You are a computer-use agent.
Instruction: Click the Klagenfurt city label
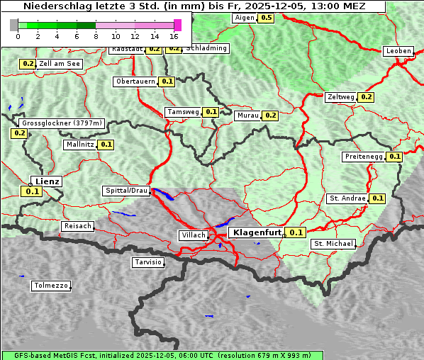[x=257, y=232]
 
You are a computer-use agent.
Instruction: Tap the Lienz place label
[x=47, y=181]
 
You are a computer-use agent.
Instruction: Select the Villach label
[x=193, y=235]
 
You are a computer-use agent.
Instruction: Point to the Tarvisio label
[x=148, y=262]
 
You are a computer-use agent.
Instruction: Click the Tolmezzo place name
[x=51, y=286]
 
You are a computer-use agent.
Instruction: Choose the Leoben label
[x=398, y=51]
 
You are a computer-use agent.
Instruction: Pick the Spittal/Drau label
[x=127, y=191]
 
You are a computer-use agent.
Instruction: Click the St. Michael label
[x=333, y=244]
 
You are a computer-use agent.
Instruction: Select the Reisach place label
[x=78, y=226]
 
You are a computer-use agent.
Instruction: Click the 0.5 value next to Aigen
[x=266, y=18]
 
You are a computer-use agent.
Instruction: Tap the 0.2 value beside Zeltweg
[x=366, y=97]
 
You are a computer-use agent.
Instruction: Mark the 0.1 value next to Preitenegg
[x=394, y=157]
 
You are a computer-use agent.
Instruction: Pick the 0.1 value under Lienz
[x=32, y=191]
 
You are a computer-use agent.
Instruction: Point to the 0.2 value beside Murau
[x=269, y=115]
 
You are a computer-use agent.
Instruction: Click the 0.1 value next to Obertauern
[x=167, y=81]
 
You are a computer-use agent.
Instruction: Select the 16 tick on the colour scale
[x=174, y=36]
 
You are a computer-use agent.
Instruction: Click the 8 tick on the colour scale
[x=96, y=36]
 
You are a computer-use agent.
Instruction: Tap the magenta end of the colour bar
[x=177, y=25]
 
